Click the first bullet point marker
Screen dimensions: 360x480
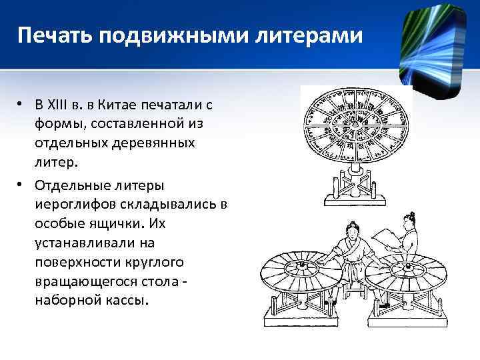[x=21, y=105]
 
